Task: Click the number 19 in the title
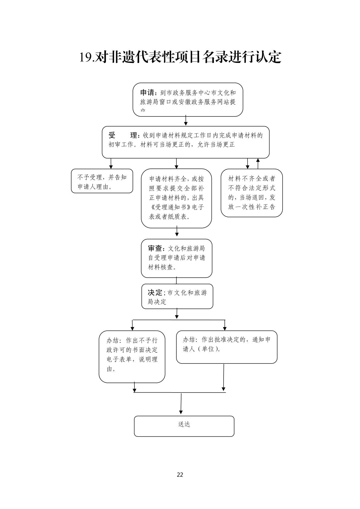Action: point(85,57)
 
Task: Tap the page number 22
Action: point(180,475)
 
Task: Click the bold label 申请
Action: point(148,93)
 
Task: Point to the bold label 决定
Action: point(155,292)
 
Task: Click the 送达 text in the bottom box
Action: point(184,424)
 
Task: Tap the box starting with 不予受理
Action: point(102,181)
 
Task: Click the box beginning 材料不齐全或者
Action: point(251,193)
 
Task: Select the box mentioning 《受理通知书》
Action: point(176,198)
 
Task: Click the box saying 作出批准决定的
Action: point(227,347)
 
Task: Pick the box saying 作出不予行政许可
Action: point(132,357)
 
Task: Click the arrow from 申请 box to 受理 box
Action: point(186,121)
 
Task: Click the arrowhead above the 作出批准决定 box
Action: point(224,328)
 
